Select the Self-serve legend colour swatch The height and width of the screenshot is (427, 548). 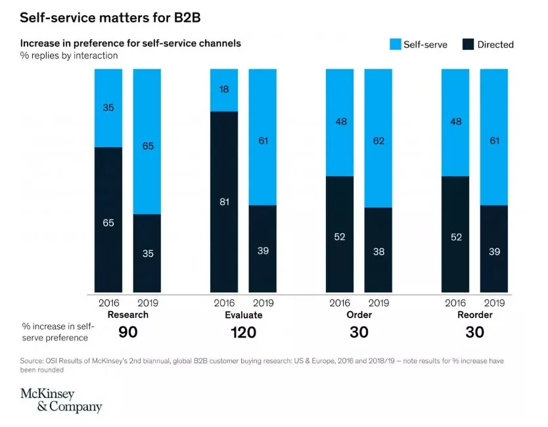(394, 45)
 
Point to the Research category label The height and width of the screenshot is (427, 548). (127, 315)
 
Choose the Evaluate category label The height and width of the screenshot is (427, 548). (243, 315)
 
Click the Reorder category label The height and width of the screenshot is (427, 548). (474, 315)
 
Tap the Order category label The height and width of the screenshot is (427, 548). (359, 315)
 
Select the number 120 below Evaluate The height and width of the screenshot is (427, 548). (243, 332)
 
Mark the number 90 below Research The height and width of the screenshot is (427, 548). (127, 332)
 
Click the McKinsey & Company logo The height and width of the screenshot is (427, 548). (61, 400)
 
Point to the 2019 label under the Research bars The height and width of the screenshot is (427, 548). (147, 303)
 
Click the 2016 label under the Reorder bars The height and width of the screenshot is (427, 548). (455, 303)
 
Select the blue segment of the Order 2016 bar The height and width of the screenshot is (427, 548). (340, 122)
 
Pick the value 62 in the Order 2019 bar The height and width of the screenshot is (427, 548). (378, 139)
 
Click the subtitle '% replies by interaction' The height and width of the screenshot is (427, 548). (69, 56)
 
